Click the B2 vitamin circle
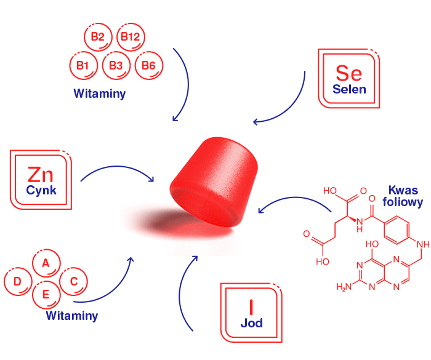[x=97, y=38]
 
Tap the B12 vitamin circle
[x=131, y=38]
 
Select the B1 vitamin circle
[x=83, y=65]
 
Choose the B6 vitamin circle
[x=148, y=65]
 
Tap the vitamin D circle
[x=18, y=282]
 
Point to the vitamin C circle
[x=73, y=281]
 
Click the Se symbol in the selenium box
[x=348, y=73]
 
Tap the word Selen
[x=349, y=89]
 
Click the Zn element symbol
[x=41, y=174]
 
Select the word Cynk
[x=41, y=190]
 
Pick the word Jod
[x=251, y=323]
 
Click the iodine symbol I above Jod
[x=251, y=306]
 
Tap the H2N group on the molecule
[x=345, y=287]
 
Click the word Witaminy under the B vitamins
[x=100, y=94]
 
